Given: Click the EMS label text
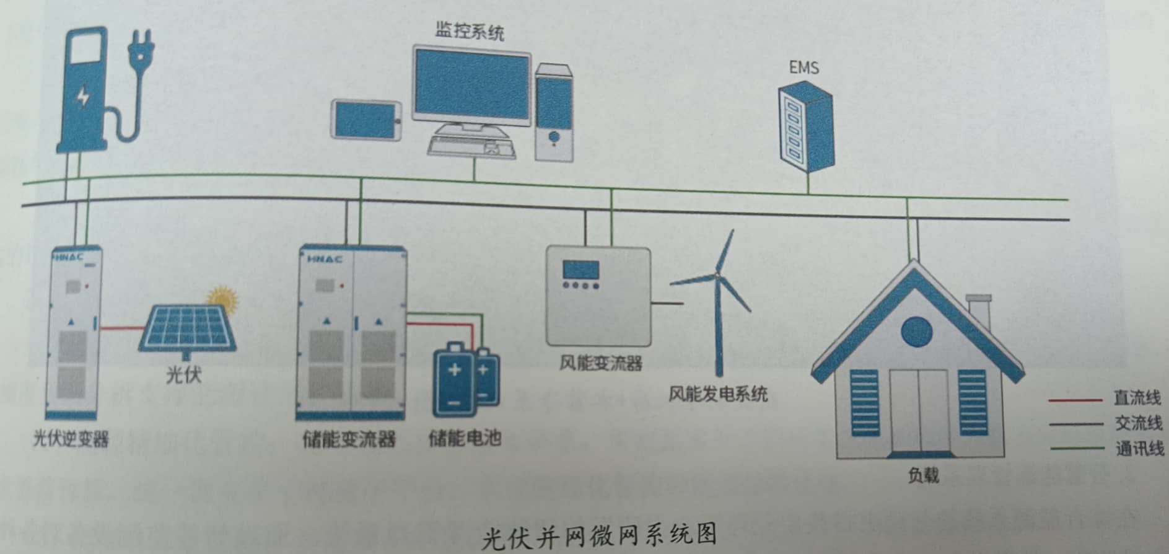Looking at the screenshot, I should (x=804, y=67).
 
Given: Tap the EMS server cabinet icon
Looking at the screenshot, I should (x=805, y=129).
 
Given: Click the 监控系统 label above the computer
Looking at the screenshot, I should (x=470, y=31).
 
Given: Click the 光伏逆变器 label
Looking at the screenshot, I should (x=71, y=439).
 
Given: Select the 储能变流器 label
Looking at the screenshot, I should (x=349, y=439).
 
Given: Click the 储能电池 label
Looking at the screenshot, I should (x=465, y=437).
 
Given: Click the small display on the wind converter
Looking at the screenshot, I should (x=581, y=270).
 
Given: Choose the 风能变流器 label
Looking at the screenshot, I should (x=600, y=363).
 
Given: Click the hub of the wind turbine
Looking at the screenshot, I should (x=717, y=275).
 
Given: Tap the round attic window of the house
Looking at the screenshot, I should (x=916, y=332).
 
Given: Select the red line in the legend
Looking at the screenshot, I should (x=1075, y=400).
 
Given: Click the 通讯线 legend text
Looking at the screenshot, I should (x=1139, y=448).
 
